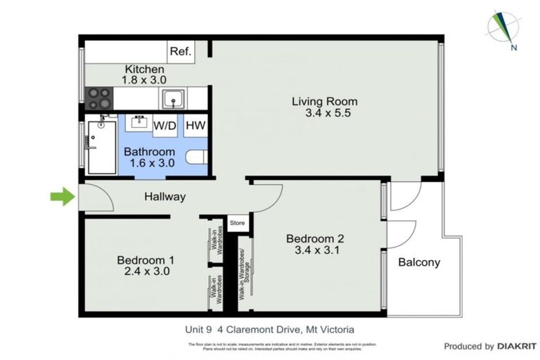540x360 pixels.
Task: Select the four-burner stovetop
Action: coord(99,97)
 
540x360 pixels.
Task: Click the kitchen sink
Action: coord(172,98)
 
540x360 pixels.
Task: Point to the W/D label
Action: coord(165,126)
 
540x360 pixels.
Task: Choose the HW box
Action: coord(195,126)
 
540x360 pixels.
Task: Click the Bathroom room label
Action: coord(149,152)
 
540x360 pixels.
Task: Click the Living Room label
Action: coord(325,101)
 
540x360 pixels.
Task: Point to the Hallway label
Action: coord(165,197)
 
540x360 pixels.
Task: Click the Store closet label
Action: coord(238,224)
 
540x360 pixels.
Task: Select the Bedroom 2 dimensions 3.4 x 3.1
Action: coord(314,250)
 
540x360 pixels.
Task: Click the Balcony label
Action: coord(419,262)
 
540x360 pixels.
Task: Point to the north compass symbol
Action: coord(504,28)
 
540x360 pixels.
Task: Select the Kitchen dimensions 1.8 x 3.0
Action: coord(144,80)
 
